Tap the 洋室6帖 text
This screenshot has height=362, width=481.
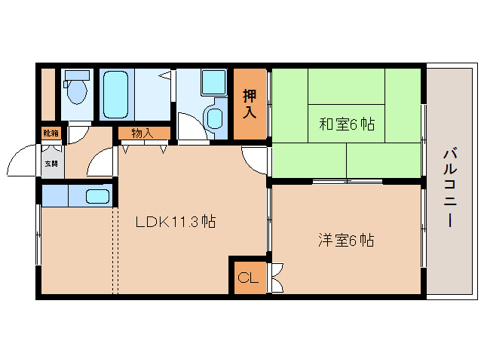(x=346, y=241)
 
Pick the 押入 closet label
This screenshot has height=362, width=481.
(x=250, y=105)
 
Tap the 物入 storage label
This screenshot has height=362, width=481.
(x=142, y=133)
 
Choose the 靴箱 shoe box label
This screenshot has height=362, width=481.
(x=51, y=133)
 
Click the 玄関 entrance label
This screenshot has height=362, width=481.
(x=51, y=163)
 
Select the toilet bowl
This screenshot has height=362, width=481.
(x=76, y=93)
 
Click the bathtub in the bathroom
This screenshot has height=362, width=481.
(x=118, y=94)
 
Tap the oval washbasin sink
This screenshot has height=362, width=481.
(x=215, y=118)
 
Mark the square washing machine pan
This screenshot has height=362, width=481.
(x=213, y=82)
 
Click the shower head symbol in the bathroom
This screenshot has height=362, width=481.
(x=164, y=75)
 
